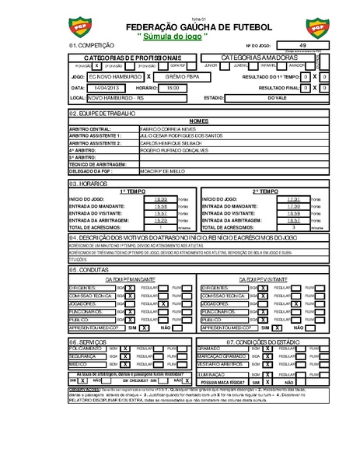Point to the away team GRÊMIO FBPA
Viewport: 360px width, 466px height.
point(180,79)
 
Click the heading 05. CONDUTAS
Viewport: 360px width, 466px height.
point(86,269)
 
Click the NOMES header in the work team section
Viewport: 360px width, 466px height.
point(198,121)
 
